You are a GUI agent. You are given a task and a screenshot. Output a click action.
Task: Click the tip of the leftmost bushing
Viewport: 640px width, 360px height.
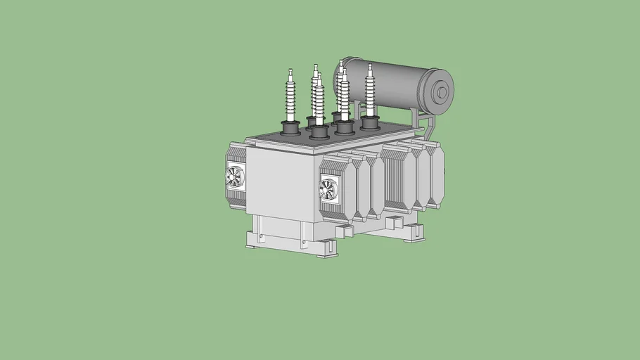tap(290, 70)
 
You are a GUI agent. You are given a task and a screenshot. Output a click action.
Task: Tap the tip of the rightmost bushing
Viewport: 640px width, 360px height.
tap(369, 67)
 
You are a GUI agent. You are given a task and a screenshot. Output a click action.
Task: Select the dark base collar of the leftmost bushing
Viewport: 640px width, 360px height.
tap(290, 128)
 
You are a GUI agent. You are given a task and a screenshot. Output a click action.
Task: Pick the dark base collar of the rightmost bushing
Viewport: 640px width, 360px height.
tap(370, 124)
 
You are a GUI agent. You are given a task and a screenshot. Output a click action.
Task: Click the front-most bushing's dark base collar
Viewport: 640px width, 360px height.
tap(319, 131)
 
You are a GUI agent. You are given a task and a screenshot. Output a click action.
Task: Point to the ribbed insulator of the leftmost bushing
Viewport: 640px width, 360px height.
tap(290, 98)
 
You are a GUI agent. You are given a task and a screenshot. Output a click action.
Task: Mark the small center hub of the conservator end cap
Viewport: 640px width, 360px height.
tap(442, 91)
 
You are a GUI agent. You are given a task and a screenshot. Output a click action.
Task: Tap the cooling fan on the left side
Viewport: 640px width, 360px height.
tap(233, 176)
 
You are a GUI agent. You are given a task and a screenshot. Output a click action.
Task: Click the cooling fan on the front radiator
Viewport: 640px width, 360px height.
tap(328, 188)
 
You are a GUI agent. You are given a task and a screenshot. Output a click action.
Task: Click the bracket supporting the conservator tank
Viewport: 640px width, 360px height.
tap(425, 127)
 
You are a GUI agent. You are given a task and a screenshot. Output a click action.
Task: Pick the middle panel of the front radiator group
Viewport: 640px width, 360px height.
tap(363, 186)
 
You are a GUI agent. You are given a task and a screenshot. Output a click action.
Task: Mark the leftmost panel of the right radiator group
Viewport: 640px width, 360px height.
tap(398, 179)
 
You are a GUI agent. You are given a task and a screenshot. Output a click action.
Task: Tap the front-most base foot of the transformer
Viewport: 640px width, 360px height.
tap(327, 248)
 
